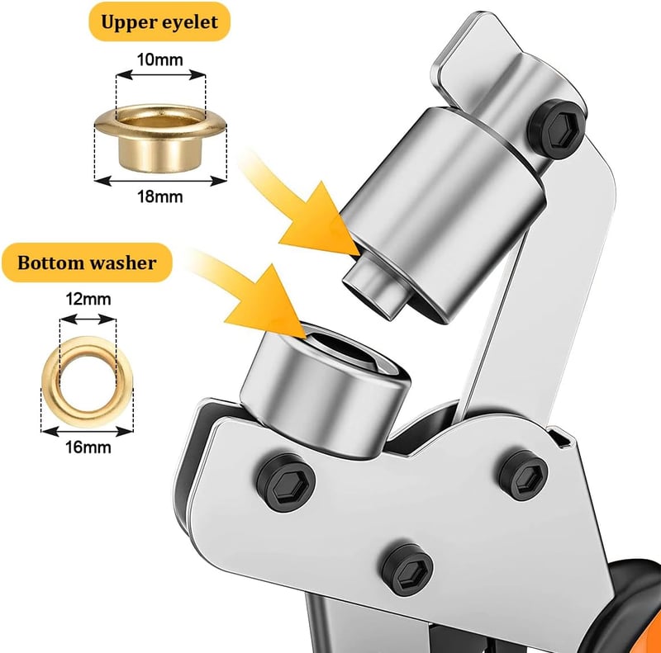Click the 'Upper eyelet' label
tap(159, 22)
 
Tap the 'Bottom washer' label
tap(87, 263)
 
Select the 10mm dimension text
tap(160, 59)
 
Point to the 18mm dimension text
tap(160, 196)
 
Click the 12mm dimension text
tap(88, 299)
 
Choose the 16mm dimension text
tap(88, 447)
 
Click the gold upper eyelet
tap(160, 138)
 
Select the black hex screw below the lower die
tap(286, 483)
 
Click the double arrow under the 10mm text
tap(161, 75)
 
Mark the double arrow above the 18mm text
tap(160, 181)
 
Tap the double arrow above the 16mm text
tap(88, 432)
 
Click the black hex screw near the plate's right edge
tap(523, 475)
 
